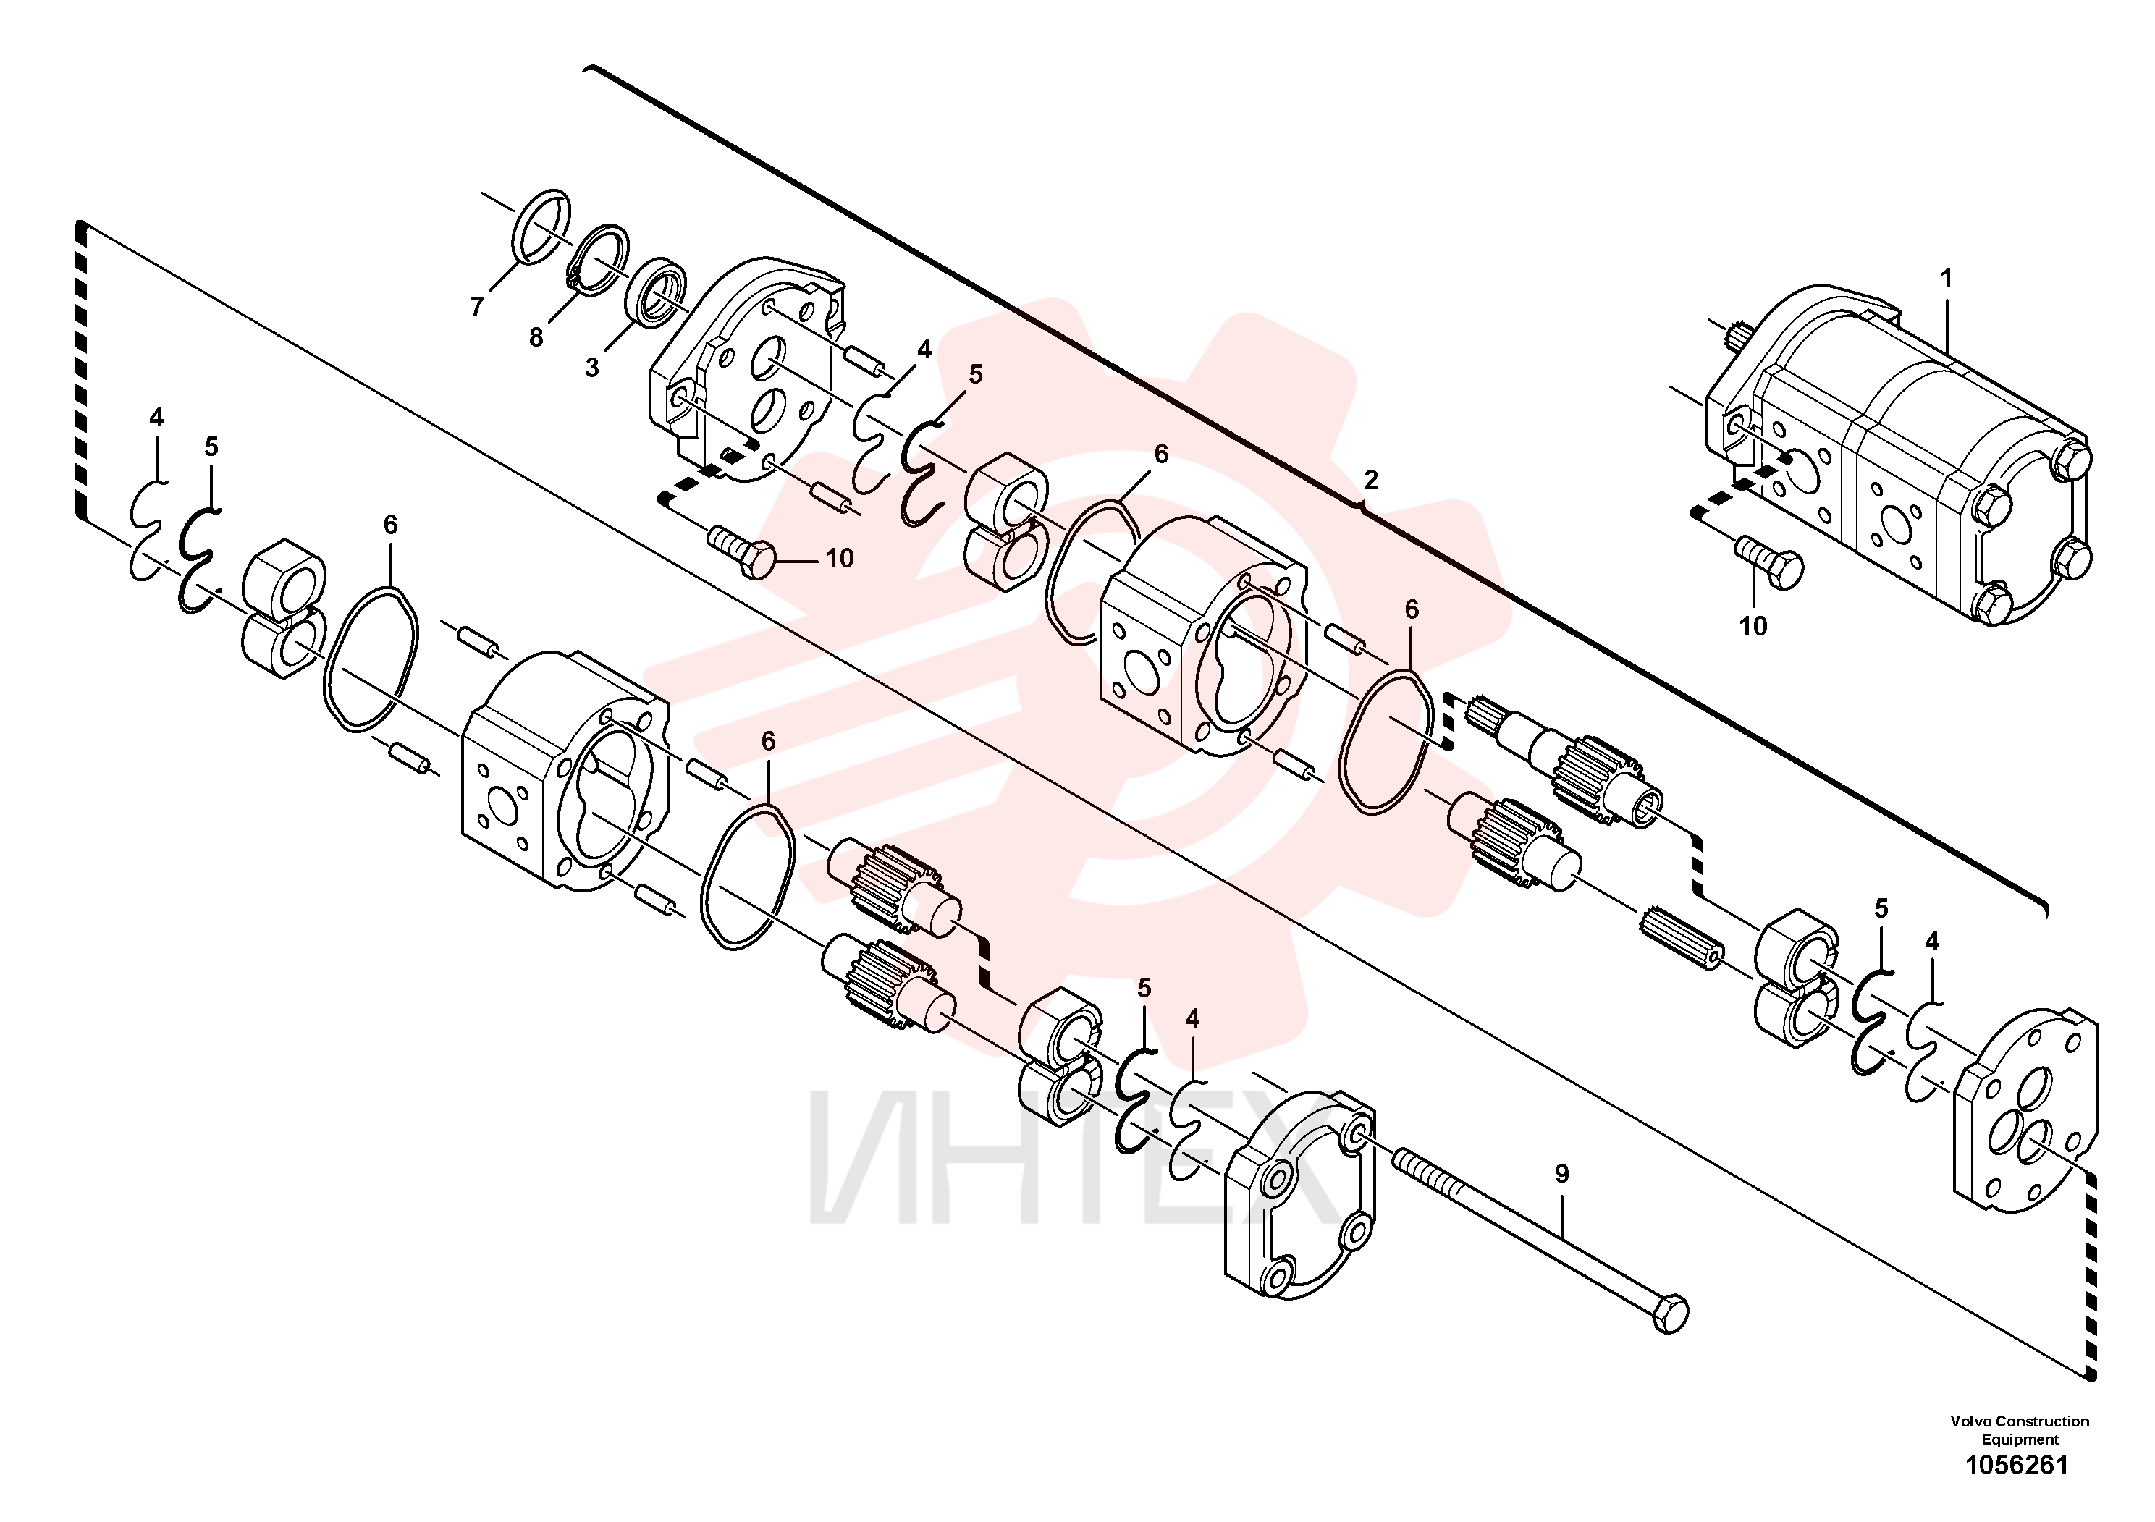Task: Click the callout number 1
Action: (x=1946, y=279)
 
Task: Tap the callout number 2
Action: (x=1370, y=481)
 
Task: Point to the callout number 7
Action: (x=477, y=307)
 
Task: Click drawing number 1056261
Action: (x=2016, y=1465)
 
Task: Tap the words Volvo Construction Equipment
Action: (x=2019, y=1430)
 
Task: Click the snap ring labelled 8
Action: (x=599, y=262)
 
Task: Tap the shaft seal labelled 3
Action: (x=656, y=292)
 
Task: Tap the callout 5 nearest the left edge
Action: (x=211, y=447)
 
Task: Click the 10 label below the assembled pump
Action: (x=1753, y=626)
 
